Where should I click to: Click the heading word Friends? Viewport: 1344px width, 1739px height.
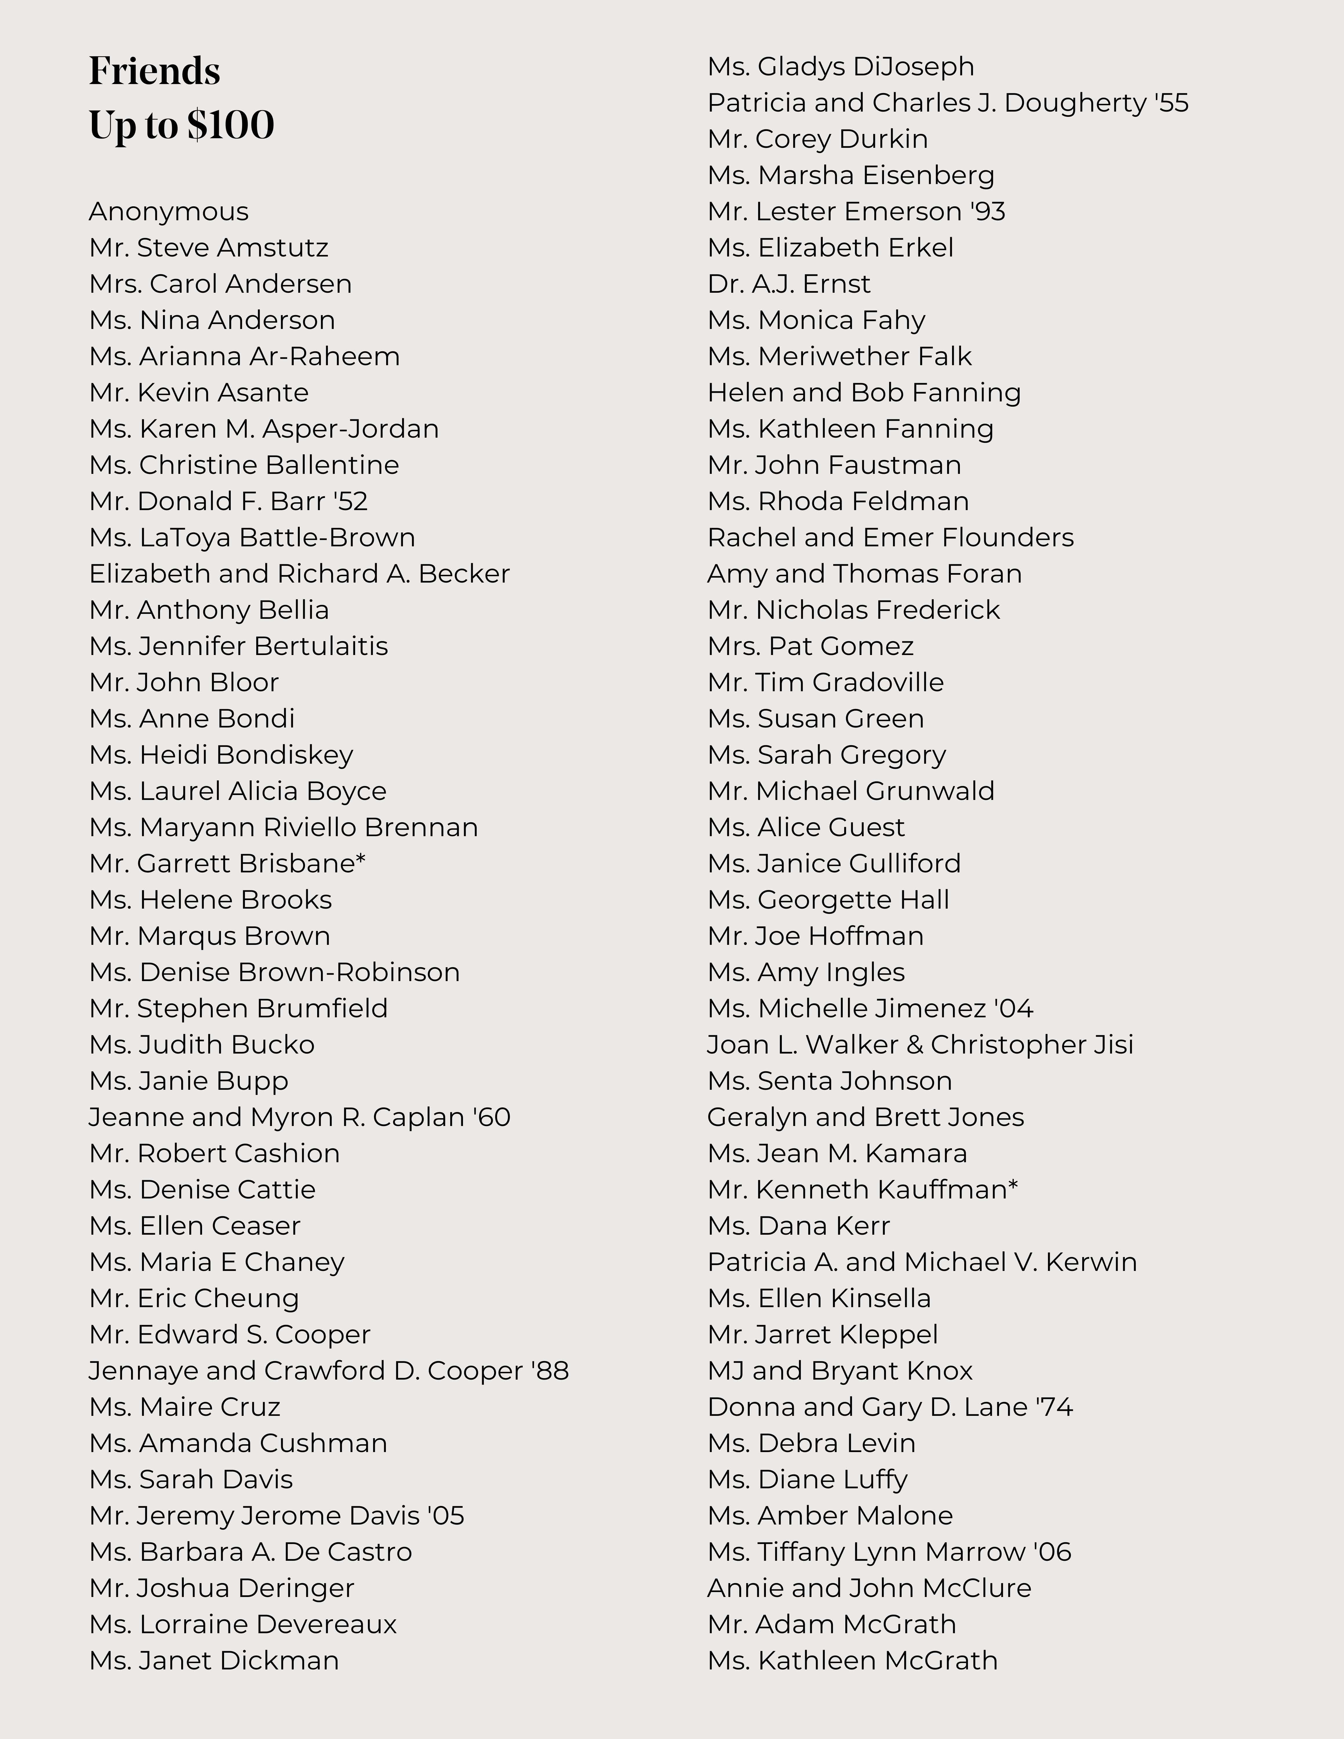click(x=155, y=72)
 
